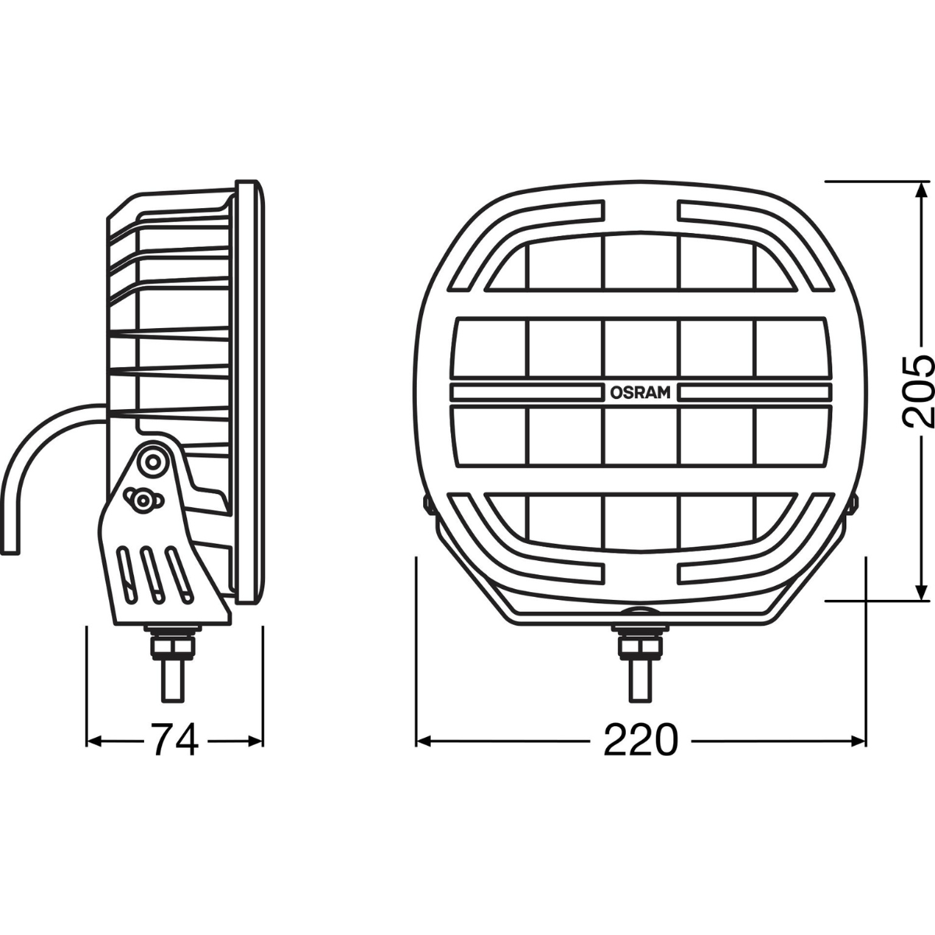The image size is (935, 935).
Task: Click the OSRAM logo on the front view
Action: click(x=640, y=393)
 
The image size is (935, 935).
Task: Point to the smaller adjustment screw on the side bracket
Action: click(x=142, y=499)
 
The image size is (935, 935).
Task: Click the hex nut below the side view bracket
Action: click(x=172, y=645)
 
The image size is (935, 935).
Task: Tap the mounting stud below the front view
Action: click(x=640, y=681)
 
